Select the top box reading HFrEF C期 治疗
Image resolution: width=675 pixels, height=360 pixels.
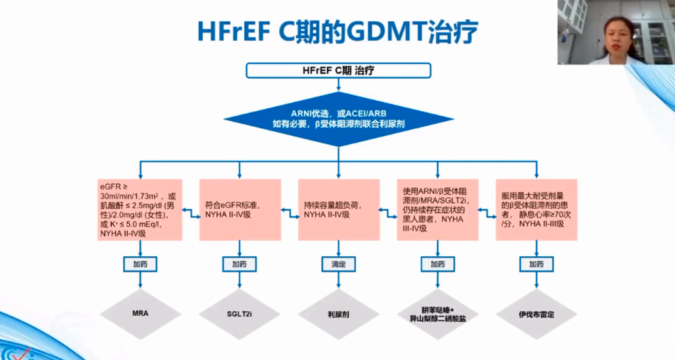(x=338, y=70)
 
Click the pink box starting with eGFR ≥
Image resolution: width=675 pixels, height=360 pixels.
(x=140, y=210)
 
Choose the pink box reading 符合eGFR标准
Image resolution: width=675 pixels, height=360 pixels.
(x=239, y=210)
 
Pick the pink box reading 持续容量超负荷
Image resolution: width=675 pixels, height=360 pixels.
(x=338, y=210)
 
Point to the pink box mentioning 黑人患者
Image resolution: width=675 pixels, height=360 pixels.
(x=437, y=210)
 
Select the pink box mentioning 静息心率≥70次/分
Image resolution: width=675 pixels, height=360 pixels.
(x=536, y=210)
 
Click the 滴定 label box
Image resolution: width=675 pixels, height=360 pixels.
(x=338, y=264)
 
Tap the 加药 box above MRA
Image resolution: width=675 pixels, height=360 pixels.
(x=140, y=264)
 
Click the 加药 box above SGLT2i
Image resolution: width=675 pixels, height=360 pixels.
(x=239, y=264)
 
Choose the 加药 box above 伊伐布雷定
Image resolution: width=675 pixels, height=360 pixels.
(x=536, y=264)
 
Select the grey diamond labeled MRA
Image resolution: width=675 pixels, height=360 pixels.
(x=140, y=314)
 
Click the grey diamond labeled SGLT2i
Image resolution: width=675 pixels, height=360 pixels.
(x=239, y=314)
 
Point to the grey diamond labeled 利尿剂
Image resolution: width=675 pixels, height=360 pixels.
(x=338, y=314)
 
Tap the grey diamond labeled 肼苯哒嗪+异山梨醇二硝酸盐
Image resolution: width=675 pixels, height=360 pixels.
(x=437, y=314)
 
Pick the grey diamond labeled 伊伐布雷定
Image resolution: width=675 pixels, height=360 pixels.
(x=536, y=314)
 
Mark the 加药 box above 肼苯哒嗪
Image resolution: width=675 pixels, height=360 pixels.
(x=437, y=264)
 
